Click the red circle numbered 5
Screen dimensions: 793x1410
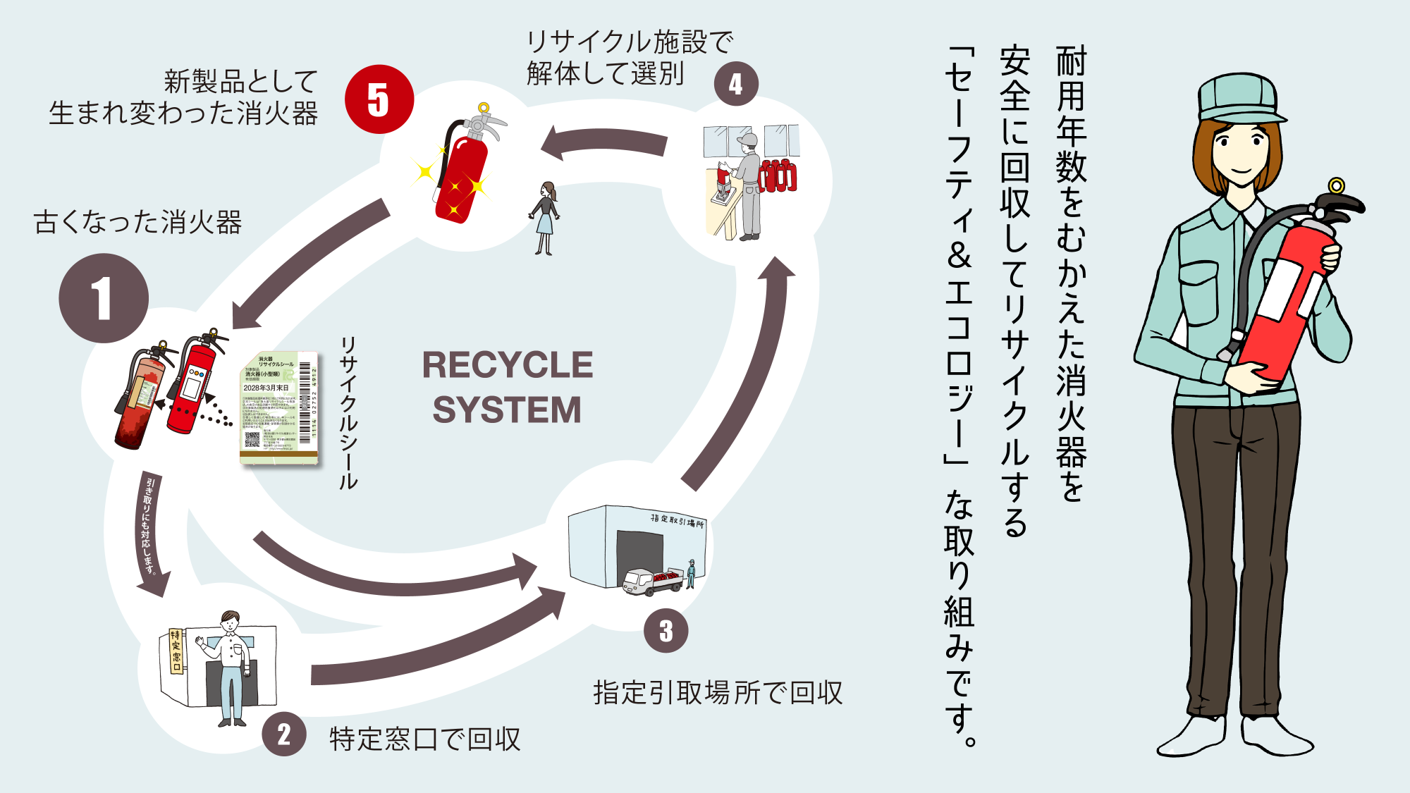coord(379,99)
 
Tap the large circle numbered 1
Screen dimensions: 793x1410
coord(104,298)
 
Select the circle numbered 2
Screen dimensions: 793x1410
coord(284,734)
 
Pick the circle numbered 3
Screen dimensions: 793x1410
coord(666,631)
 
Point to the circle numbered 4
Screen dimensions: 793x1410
coord(736,84)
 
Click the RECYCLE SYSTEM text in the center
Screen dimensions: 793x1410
coord(508,388)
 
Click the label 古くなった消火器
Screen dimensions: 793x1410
coord(138,222)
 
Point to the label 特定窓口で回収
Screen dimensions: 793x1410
coord(424,739)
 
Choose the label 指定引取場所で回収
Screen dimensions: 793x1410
coord(718,693)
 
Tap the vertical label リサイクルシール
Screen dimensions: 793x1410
coord(348,412)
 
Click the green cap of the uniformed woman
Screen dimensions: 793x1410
coord(1241,99)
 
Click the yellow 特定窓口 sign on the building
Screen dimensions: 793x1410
coord(176,651)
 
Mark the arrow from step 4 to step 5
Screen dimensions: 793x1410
coord(606,143)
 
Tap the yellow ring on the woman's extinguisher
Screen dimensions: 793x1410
coord(1336,186)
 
